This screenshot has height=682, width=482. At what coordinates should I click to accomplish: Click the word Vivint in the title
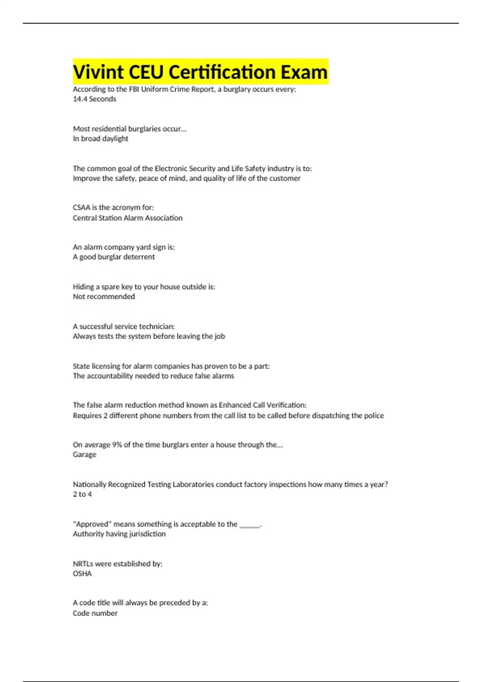click(98, 72)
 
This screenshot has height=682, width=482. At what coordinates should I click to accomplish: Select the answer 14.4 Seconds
click(94, 99)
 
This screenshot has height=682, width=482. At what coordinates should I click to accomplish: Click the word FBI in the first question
click(134, 89)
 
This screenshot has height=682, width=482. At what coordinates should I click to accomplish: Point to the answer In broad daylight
click(100, 139)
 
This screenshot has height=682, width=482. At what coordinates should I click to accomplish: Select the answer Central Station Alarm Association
click(127, 218)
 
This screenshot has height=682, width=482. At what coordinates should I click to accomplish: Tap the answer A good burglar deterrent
click(114, 257)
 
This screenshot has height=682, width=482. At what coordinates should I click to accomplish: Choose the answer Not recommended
click(104, 296)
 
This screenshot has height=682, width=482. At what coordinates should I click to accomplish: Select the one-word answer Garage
click(84, 455)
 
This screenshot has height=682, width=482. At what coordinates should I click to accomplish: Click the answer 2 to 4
click(82, 494)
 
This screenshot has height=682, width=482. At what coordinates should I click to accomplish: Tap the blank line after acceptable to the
click(249, 525)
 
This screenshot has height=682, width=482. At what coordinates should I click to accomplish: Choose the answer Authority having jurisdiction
click(119, 534)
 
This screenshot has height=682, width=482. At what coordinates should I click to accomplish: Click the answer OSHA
click(82, 574)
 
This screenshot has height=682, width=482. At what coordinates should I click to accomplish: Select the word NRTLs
click(83, 564)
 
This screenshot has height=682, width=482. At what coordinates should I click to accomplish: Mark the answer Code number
click(95, 613)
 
